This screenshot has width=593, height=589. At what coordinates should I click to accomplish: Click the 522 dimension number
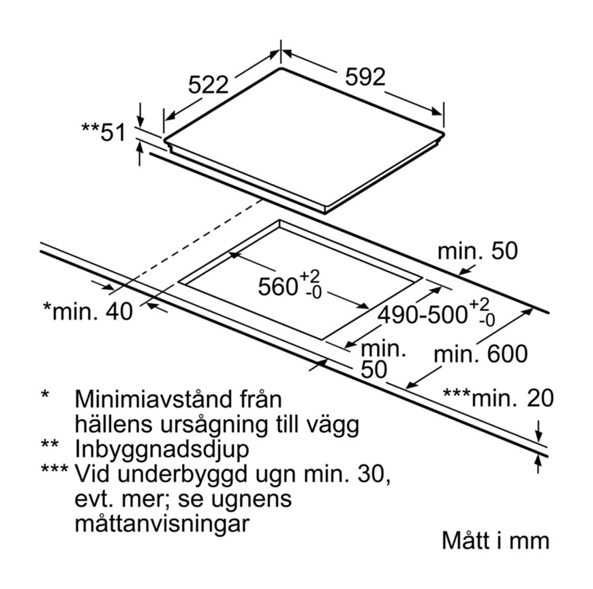click(x=208, y=85)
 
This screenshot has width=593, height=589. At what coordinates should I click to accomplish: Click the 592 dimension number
click(x=365, y=77)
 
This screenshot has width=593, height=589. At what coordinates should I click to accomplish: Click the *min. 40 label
click(x=88, y=312)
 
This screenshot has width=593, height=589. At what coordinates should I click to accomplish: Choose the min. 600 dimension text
click(x=480, y=354)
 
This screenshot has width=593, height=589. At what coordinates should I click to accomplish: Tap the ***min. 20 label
click(x=498, y=398)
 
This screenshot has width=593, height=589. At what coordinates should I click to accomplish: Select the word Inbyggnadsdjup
click(x=162, y=449)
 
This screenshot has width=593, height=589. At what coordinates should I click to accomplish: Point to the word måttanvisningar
click(x=162, y=524)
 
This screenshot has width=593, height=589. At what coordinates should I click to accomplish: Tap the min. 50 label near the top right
click(x=477, y=251)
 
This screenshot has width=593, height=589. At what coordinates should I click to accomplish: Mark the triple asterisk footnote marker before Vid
click(x=55, y=470)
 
